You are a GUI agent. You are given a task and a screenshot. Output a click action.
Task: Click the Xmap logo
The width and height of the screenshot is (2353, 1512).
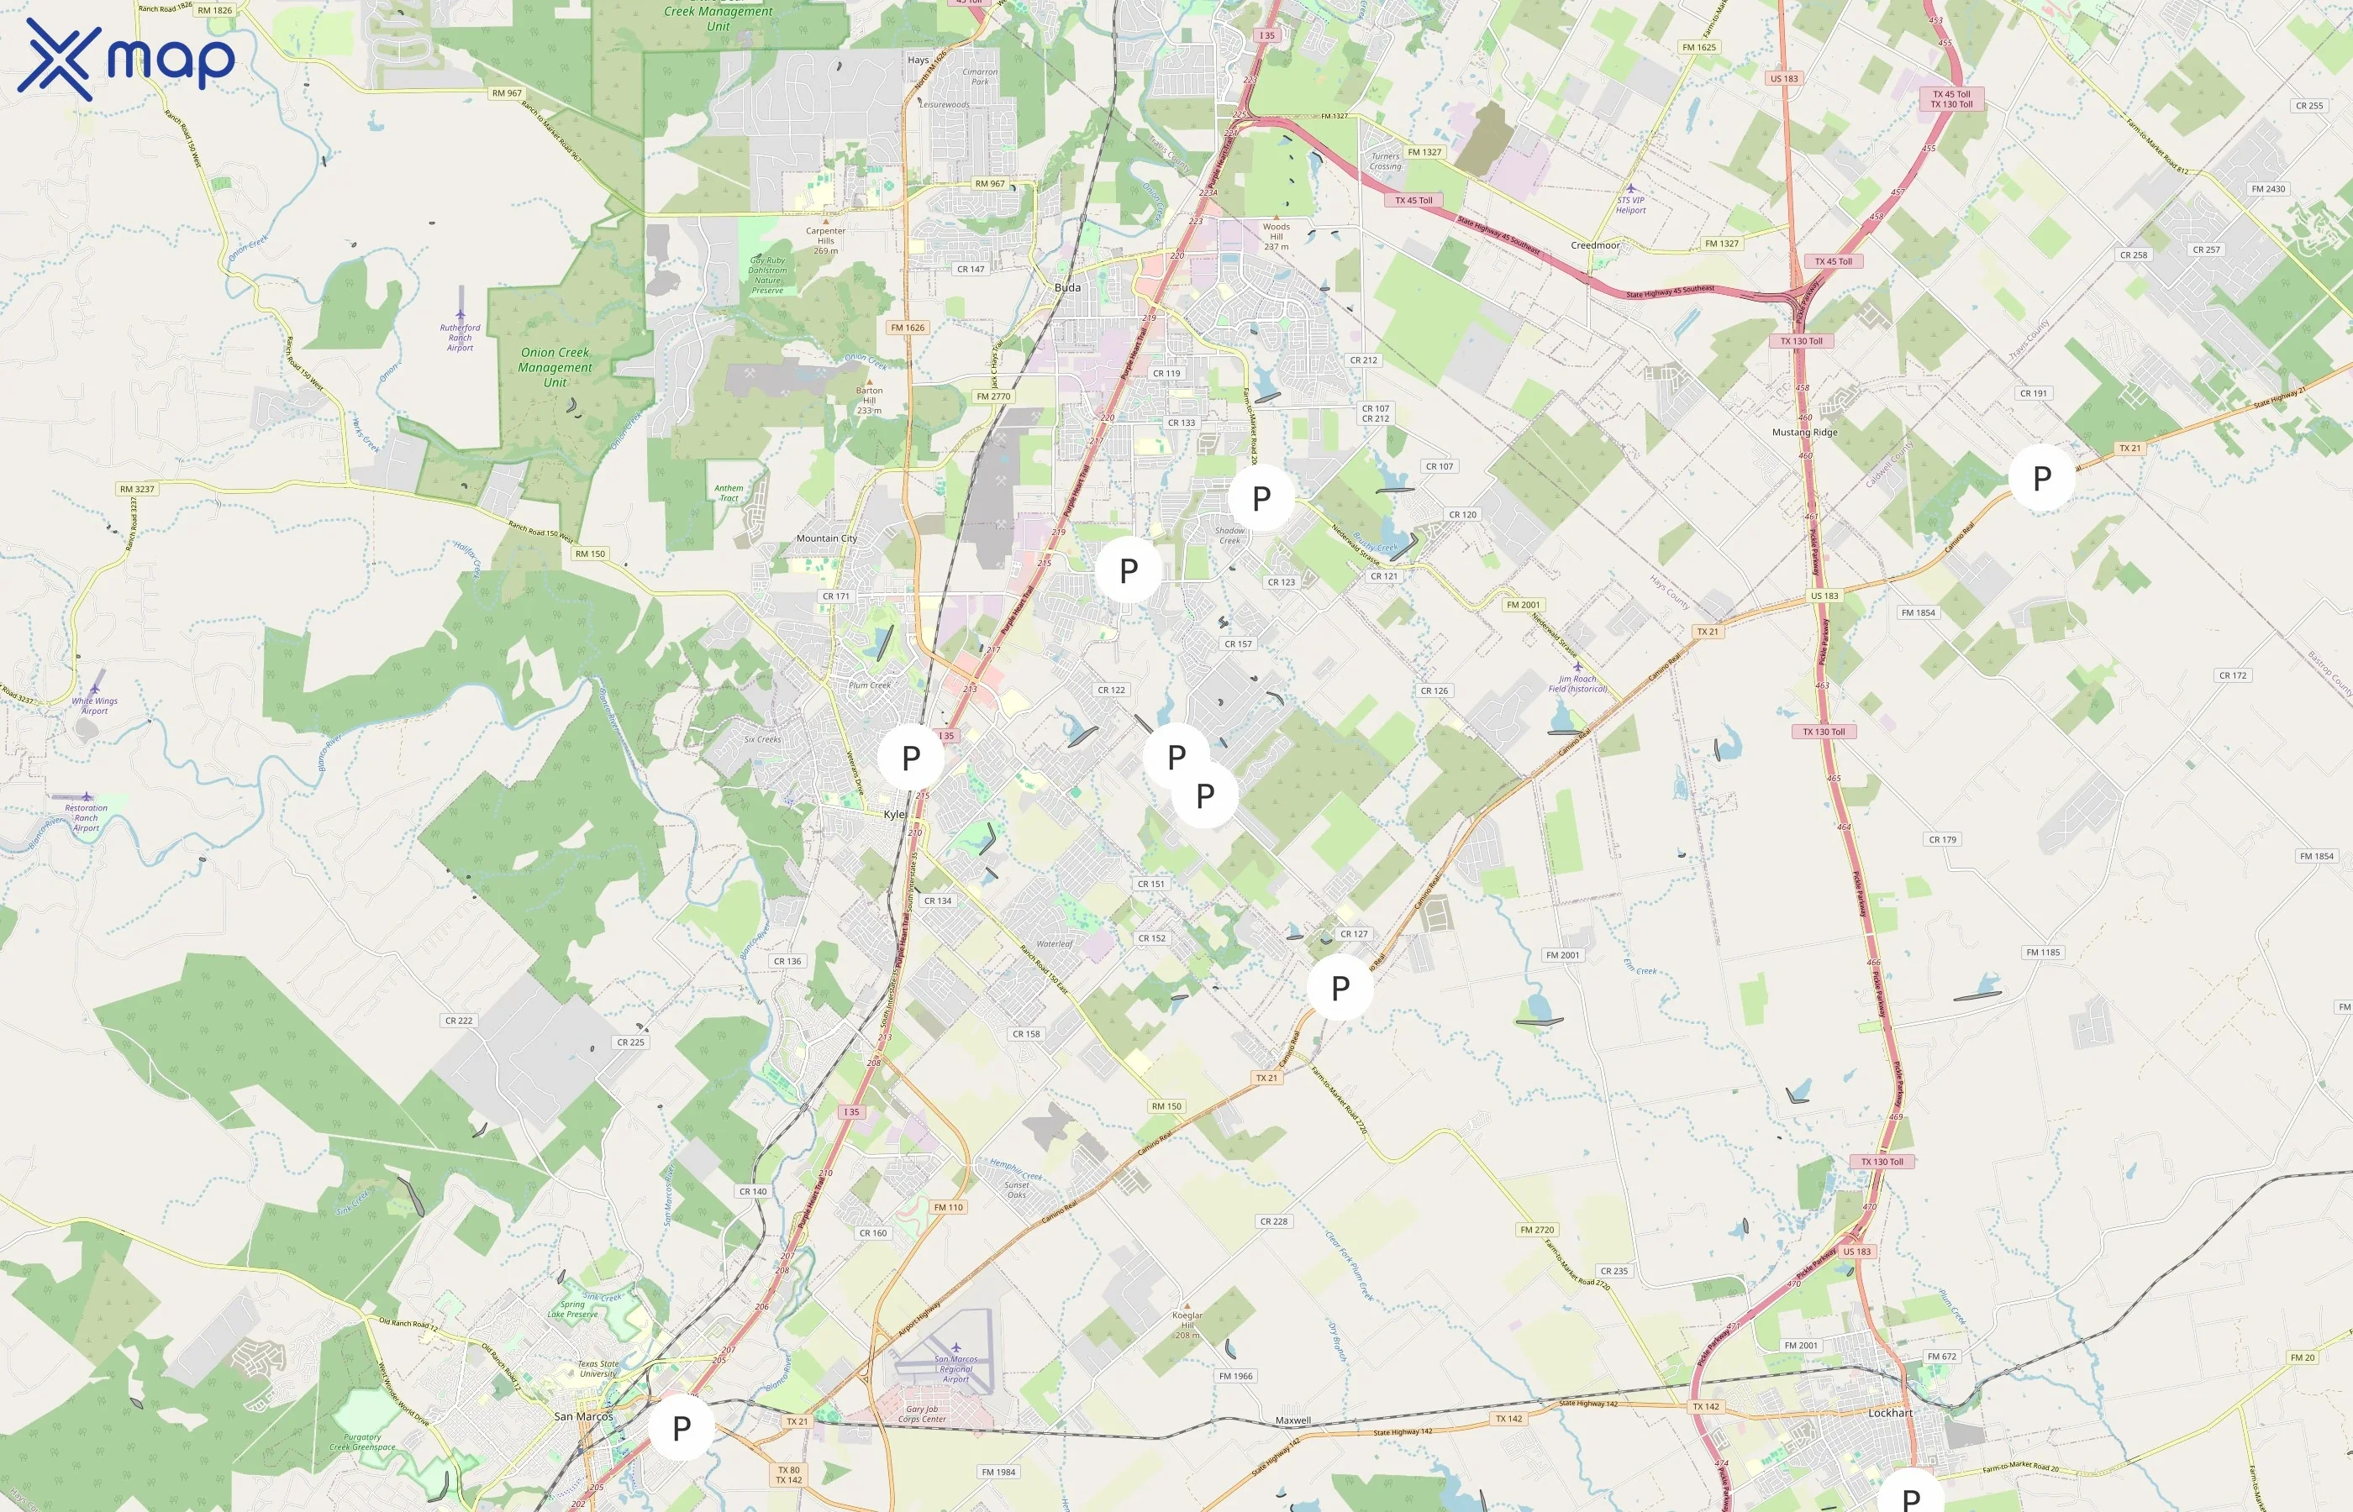tap(126, 59)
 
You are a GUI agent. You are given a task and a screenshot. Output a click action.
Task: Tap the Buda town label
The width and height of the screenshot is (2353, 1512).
tap(1067, 287)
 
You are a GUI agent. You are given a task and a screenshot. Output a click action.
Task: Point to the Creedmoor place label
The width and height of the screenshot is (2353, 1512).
tap(1595, 245)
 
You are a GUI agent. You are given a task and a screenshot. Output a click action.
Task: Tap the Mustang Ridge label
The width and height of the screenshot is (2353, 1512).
tap(1804, 432)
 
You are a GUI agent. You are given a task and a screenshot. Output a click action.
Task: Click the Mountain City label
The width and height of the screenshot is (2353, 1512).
tap(826, 538)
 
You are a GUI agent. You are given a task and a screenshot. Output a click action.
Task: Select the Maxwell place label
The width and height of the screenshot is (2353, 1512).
tap(1292, 1420)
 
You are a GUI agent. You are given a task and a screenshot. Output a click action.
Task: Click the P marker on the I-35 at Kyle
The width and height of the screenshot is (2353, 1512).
tap(911, 758)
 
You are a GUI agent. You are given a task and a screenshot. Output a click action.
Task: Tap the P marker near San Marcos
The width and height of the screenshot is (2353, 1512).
tap(682, 1429)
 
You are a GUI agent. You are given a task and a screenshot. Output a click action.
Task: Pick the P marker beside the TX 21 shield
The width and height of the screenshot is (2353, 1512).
tap(2042, 478)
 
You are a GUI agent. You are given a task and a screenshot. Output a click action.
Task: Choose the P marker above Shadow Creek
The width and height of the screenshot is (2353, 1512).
tap(1262, 499)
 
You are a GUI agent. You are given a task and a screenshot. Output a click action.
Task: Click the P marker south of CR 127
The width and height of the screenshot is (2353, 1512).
tap(1340, 989)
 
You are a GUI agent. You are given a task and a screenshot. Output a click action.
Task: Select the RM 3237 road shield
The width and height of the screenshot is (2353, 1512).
tap(136, 489)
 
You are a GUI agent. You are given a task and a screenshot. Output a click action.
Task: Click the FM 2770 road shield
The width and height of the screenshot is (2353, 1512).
tap(992, 396)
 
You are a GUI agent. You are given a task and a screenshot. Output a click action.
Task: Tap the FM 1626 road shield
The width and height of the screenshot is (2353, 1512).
tap(908, 328)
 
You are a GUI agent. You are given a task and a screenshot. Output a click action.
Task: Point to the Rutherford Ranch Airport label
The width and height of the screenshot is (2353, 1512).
tap(460, 337)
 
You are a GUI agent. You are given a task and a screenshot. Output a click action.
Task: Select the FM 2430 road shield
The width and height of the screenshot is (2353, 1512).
tap(2267, 188)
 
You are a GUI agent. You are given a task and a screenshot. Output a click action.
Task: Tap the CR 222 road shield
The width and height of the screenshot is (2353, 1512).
tap(459, 1020)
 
